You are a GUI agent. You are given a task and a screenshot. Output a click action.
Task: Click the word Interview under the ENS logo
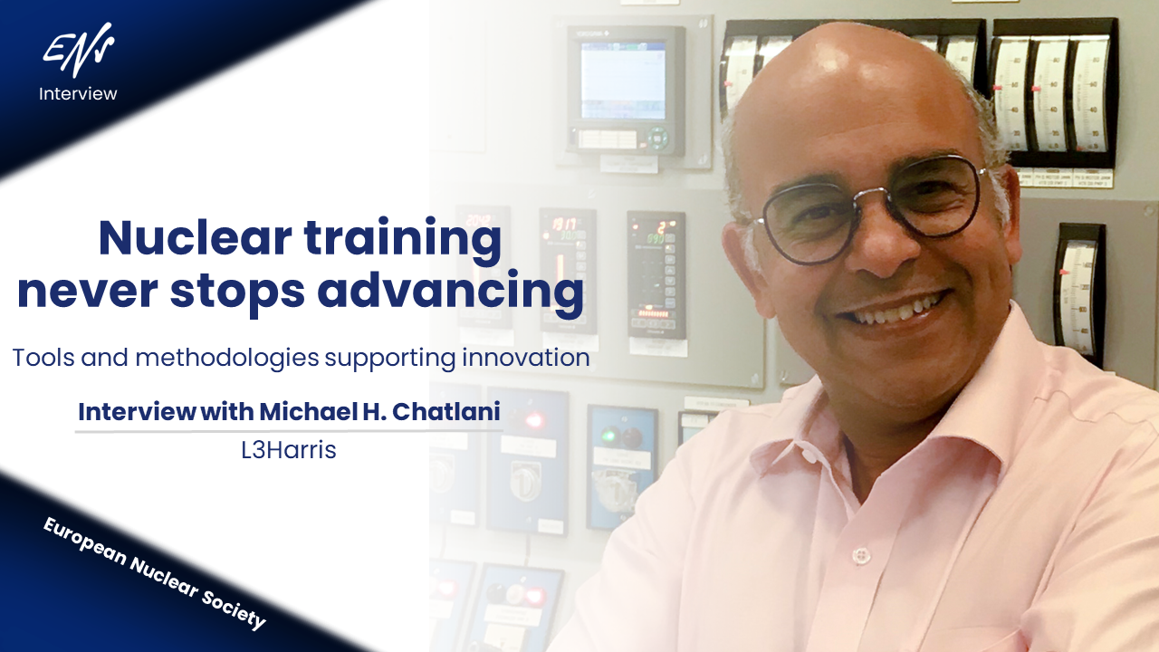pyautogui.click(x=78, y=93)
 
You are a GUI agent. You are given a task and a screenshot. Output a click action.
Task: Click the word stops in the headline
pyautogui.click(x=239, y=292)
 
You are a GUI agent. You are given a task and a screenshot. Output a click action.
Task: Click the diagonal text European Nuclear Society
pyautogui.click(x=155, y=573)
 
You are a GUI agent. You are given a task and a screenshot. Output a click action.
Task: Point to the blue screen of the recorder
pyautogui.click(x=622, y=80)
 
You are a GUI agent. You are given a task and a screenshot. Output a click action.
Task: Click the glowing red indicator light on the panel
pyautogui.click(x=535, y=420)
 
